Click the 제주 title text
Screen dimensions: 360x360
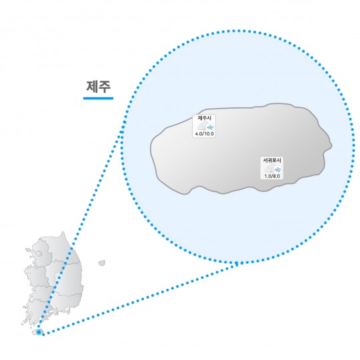coord(99,87)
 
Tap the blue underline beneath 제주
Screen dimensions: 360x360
coord(98,98)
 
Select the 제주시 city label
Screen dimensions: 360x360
coord(204,118)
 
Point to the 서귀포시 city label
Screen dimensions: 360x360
coord(272,160)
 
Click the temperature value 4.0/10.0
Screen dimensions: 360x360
coord(205,134)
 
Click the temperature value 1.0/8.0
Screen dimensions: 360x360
coord(272,176)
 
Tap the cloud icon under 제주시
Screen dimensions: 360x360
coord(202,126)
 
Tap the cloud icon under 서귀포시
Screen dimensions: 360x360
coord(269,169)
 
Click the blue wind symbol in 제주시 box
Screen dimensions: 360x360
coord(210,127)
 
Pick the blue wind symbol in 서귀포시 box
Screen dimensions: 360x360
coord(278,170)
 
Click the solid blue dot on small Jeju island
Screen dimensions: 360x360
coord(39,332)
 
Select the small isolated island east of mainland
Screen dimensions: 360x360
coord(102,263)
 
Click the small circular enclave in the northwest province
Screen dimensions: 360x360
coord(39,254)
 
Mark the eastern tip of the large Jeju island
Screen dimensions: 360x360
coord(331,146)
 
